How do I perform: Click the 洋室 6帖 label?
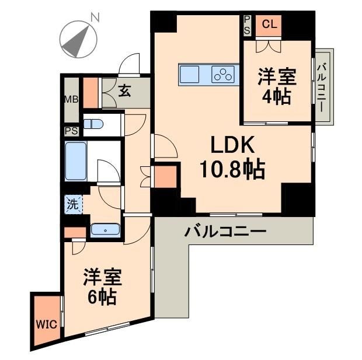[x=101, y=286]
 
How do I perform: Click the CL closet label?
[x=269, y=24]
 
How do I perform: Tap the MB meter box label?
[x=71, y=99]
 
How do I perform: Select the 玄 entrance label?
[x=124, y=90]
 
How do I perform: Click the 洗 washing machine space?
[x=71, y=205]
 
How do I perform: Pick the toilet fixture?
[x=93, y=124]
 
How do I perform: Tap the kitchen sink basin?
[x=189, y=75]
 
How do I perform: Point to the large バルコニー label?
[x=225, y=232]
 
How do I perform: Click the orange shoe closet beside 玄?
[x=90, y=92]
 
